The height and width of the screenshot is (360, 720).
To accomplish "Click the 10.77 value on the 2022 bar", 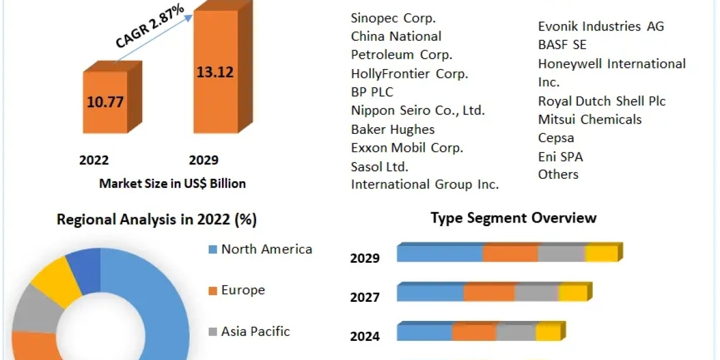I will (105, 101).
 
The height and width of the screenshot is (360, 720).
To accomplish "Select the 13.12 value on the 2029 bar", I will (215, 72).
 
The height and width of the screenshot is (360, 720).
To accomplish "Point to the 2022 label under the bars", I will (94, 160).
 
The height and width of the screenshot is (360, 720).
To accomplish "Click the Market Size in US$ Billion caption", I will (172, 184).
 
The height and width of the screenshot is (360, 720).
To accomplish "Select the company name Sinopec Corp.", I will (394, 18).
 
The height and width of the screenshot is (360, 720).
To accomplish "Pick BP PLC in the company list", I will (372, 92).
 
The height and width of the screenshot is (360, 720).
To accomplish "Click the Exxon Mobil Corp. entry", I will (407, 148).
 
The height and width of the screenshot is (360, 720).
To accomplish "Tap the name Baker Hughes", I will (393, 129).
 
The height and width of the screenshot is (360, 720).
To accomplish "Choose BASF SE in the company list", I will (562, 45).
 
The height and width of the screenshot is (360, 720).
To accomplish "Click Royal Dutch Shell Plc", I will (602, 101).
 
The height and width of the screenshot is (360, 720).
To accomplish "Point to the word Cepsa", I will (556, 138).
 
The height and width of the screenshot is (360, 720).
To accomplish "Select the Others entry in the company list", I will (559, 175).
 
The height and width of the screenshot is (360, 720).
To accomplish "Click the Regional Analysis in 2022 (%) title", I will (157, 220).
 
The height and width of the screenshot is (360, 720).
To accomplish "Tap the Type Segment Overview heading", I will (514, 217).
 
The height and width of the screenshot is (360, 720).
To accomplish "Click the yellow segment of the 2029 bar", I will (602, 254).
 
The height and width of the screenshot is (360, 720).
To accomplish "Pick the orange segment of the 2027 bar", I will (489, 293).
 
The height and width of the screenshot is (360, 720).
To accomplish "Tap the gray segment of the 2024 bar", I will (516, 332).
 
